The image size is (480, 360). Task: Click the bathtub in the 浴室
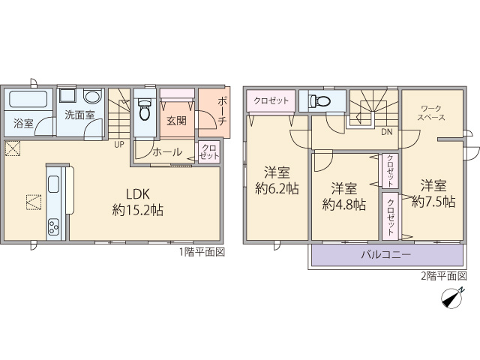tap(28, 98)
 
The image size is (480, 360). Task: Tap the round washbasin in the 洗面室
tap(92, 96)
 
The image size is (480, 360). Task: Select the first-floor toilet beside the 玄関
tap(145, 109)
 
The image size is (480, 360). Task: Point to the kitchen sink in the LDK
tap(53, 184)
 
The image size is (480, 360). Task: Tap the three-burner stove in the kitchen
tap(53, 227)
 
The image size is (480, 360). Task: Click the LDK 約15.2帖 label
tap(137, 202)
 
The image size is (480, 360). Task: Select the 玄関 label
tap(177, 121)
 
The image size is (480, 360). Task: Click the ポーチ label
tap(222, 112)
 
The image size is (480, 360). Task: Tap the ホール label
tap(167, 151)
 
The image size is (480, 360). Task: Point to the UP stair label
tap(119, 145)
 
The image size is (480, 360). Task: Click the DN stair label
tap(387, 132)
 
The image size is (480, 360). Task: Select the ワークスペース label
tap(431, 112)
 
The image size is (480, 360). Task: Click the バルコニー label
tap(386, 255)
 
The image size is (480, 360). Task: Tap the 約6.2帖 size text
tap(277, 189)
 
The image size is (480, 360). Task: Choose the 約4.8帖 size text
tap(344, 205)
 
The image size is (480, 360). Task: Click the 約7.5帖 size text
tap(433, 202)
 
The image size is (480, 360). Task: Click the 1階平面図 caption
tap(202, 252)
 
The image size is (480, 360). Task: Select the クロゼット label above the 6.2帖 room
tap(271, 100)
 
